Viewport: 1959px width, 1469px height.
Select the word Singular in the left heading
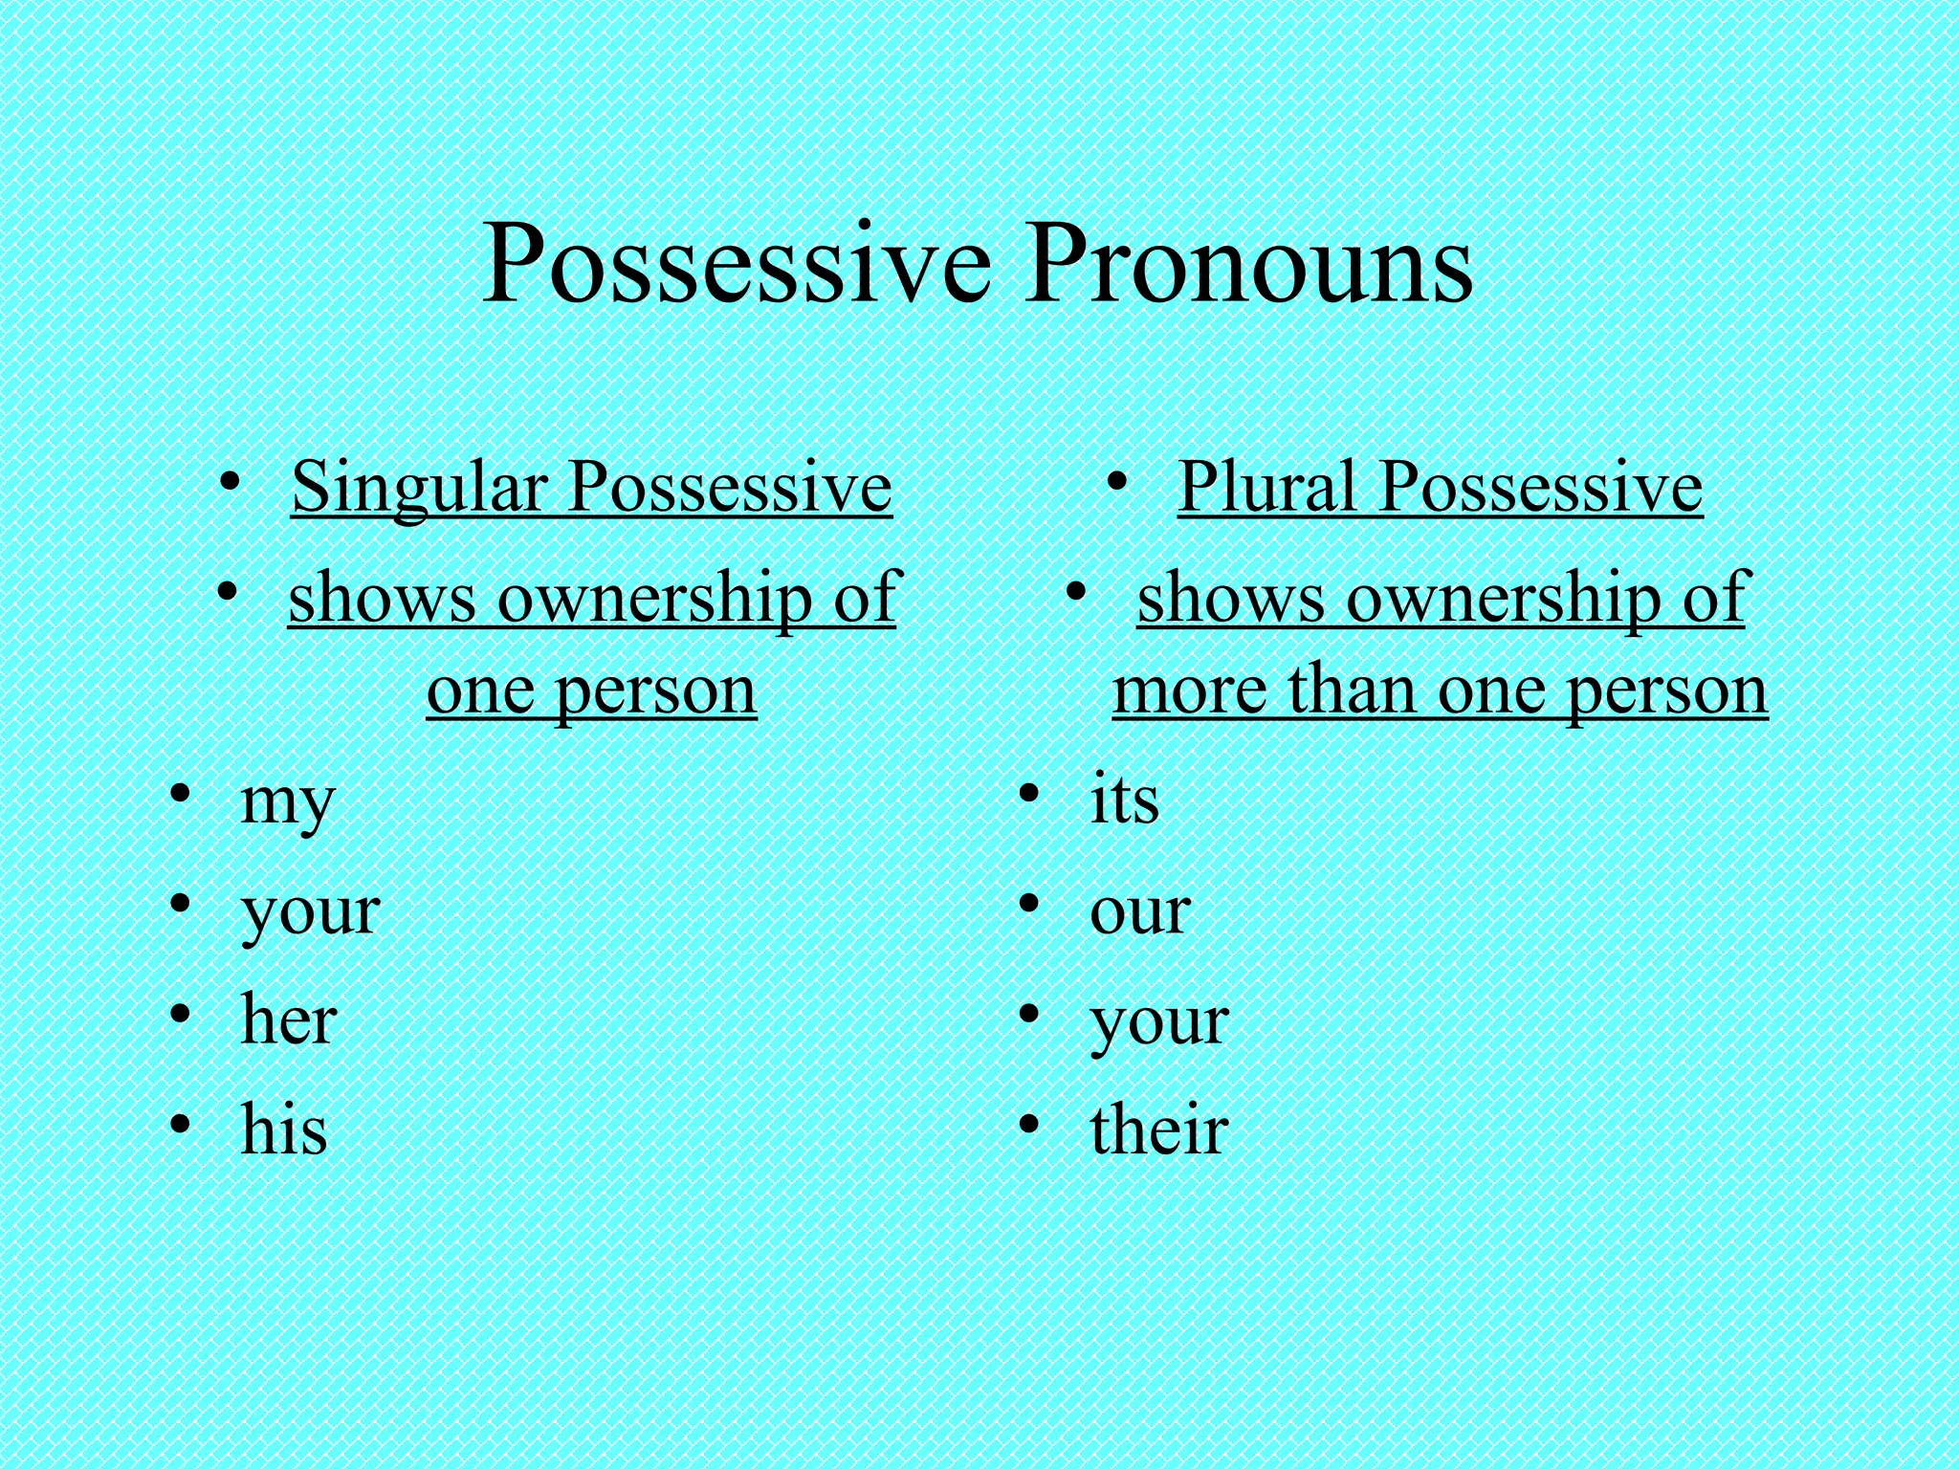[x=418, y=488]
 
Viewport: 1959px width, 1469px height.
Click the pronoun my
[x=287, y=803]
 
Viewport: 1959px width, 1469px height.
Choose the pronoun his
[x=284, y=1129]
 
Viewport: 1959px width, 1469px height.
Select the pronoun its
[x=1124, y=800]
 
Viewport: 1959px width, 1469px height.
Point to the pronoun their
[x=1158, y=1129]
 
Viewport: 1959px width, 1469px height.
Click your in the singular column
[x=310, y=913]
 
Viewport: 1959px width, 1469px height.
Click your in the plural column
[x=1158, y=1023]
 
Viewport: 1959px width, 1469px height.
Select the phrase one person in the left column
[x=591, y=691]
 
